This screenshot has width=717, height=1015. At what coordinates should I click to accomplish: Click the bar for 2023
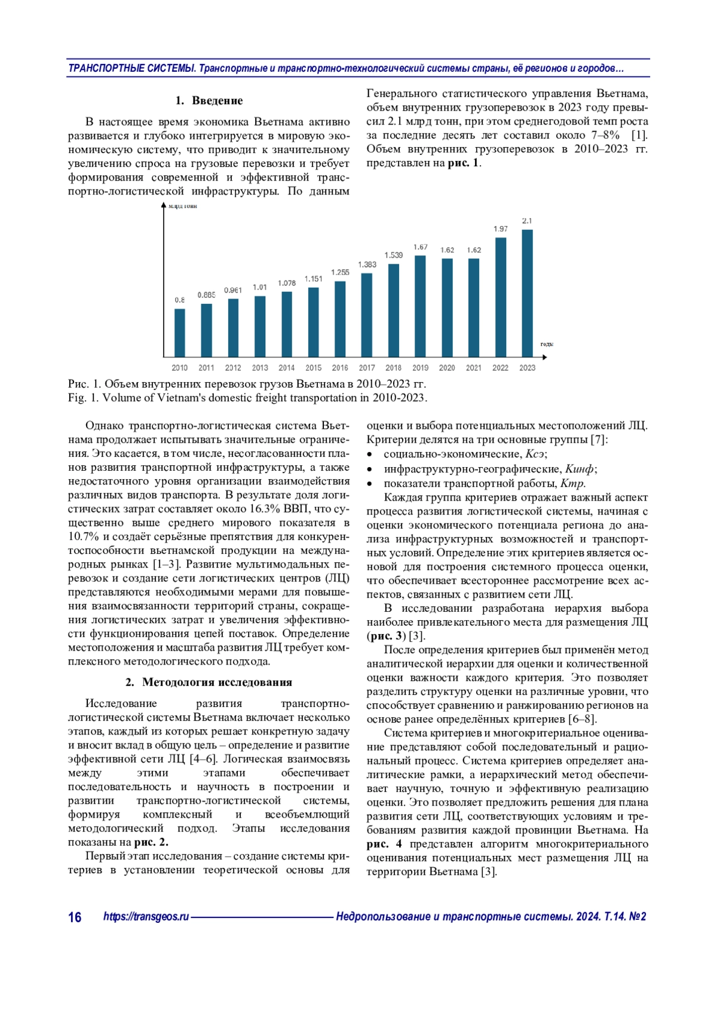[527, 293]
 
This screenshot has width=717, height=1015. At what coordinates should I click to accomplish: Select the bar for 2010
[179, 333]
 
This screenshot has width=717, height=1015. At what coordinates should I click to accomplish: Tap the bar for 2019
[420, 306]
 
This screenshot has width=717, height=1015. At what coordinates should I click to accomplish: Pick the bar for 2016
[340, 319]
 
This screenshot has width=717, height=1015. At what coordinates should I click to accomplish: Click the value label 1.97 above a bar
[500, 229]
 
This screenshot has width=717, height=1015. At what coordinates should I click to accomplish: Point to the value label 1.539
[393, 255]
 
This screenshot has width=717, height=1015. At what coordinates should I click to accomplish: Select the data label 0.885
[206, 295]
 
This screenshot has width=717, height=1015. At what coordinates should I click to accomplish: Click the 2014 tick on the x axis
[286, 368]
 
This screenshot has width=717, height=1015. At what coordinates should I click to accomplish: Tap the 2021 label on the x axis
[473, 368]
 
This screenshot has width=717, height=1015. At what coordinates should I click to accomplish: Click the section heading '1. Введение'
[209, 100]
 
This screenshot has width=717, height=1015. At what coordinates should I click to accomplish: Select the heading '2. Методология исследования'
[209, 682]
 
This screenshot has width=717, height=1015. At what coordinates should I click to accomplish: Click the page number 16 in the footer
[75, 917]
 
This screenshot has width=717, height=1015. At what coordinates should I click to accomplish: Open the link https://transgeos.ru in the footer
[146, 916]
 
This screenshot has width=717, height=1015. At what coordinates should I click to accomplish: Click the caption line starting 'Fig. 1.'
[247, 398]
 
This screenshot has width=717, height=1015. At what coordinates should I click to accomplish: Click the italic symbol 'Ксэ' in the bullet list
[535, 454]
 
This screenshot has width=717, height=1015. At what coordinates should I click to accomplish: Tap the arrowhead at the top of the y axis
[163, 205]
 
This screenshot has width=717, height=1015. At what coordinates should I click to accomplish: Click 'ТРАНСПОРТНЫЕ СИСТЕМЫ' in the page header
[131, 68]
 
